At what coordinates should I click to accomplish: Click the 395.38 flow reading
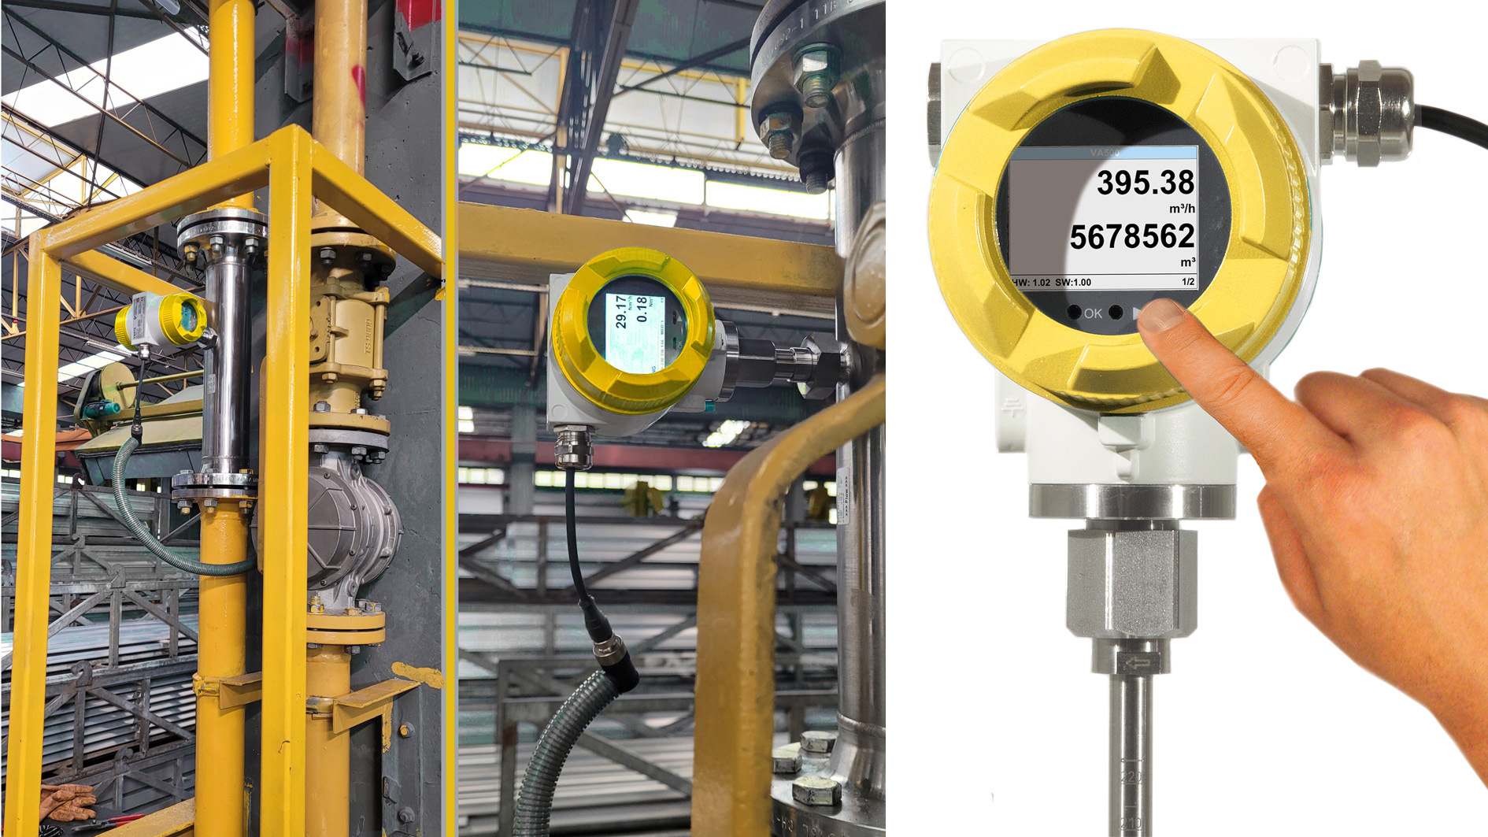pyautogui.click(x=1145, y=183)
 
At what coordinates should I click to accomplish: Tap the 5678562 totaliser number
pyautogui.click(x=1131, y=236)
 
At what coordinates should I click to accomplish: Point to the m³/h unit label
pyautogui.click(x=1181, y=209)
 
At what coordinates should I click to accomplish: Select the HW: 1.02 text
pyautogui.click(x=1031, y=282)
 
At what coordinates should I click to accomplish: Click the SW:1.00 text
pyautogui.click(x=1073, y=282)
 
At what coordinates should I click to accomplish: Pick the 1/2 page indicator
pyautogui.click(x=1187, y=282)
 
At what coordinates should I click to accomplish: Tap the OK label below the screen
pyautogui.click(x=1093, y=313)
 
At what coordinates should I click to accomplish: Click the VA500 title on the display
pyautogui.click(x=1104, y=153)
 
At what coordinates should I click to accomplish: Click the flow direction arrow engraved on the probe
pyautogui.click(x=1135, y=664)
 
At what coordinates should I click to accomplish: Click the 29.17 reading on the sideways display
pyautogui.click(x=622, y=313)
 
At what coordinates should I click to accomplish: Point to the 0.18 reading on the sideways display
pyautogui.click(x=642, y=309)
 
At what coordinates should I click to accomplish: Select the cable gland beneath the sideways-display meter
pyautogui.click(x=572, y=446)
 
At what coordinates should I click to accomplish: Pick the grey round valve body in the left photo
pyautogui.click(x=346, y=524)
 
